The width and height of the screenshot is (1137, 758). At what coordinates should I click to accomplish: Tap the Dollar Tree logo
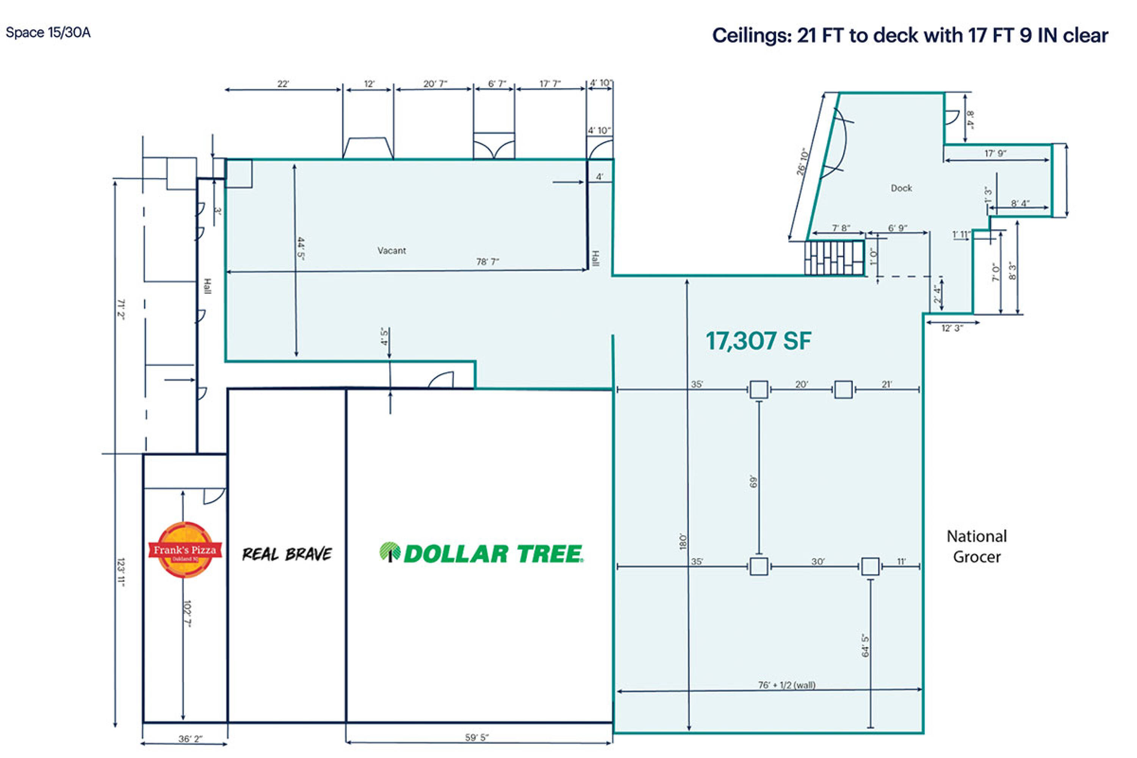(x=481, y=553)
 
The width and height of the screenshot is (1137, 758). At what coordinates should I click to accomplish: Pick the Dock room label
(x=901, y=188)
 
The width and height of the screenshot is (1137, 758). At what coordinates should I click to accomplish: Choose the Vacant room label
(x=392, y=251)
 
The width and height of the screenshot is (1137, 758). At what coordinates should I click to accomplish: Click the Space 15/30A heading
(x=48, y=32)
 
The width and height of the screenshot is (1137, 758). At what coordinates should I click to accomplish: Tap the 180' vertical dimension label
(x=683, y=542)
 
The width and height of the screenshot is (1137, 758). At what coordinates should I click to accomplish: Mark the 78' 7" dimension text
(x=487, y=262)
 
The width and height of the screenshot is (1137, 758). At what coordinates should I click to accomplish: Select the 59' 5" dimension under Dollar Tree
(x=477, y=737)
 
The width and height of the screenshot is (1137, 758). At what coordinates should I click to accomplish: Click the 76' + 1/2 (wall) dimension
(x=786, y=685)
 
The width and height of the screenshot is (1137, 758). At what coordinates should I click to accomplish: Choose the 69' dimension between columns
(x=752, y=481)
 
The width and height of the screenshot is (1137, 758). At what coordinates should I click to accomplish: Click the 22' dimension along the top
(x=283, y=84)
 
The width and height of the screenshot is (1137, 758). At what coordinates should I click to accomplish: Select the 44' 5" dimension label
(x=301, y=249)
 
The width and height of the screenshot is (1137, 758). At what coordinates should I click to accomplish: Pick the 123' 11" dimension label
(x=121, y=572)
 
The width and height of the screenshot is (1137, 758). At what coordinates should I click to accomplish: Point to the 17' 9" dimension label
(x=995, y=153)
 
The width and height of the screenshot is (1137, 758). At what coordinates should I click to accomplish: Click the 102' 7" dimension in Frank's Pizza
(x=188, y=614)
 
